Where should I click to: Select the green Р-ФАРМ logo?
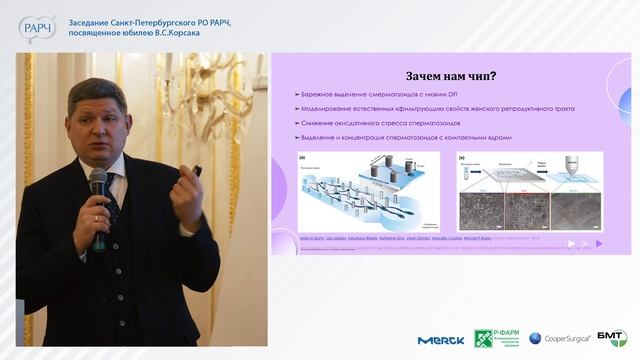click(x=495, y=339)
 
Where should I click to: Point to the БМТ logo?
click(x=611, y=338)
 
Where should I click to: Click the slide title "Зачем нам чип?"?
click(x=451, y=76)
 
